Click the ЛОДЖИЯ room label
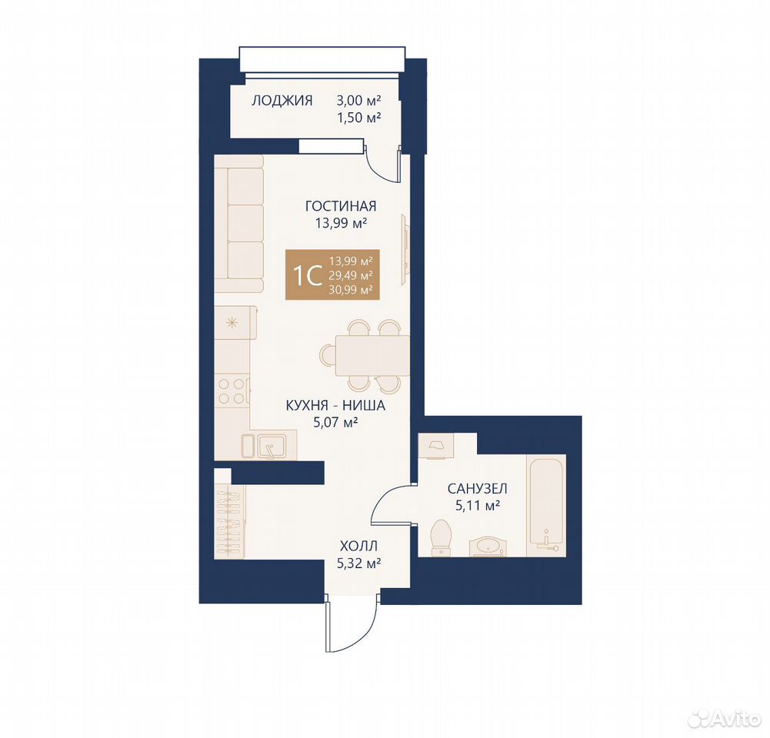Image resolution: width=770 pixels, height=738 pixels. [282, 101]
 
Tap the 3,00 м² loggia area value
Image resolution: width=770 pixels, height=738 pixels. [359, 101]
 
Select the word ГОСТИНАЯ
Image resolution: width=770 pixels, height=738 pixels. [341, 206]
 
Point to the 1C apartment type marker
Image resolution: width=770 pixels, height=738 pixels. [307, 275]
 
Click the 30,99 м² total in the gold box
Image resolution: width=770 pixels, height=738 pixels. [351, 290]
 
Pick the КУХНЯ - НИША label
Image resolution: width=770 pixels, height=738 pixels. [335, 406]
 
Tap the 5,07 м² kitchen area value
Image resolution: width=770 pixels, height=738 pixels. [335, 421]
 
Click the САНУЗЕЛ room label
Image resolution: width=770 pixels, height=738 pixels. [478, 489]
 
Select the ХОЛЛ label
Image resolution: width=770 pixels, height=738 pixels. [359, 546]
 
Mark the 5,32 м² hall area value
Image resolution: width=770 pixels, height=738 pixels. [359, 563]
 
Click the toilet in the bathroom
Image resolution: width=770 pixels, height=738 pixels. [441, 538]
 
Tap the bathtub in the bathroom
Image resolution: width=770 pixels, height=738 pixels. [546, 505]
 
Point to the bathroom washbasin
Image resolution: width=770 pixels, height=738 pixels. [486, 547]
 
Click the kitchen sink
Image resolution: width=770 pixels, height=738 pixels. [269, 446]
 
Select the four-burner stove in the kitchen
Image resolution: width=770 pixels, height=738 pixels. [232, 391]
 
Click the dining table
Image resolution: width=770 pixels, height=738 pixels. [373, 356]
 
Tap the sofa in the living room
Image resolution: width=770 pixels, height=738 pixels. [239, 224]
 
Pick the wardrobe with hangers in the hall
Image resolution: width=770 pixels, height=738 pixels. [230, 522]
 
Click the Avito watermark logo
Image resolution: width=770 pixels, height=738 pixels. [724, 720]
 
